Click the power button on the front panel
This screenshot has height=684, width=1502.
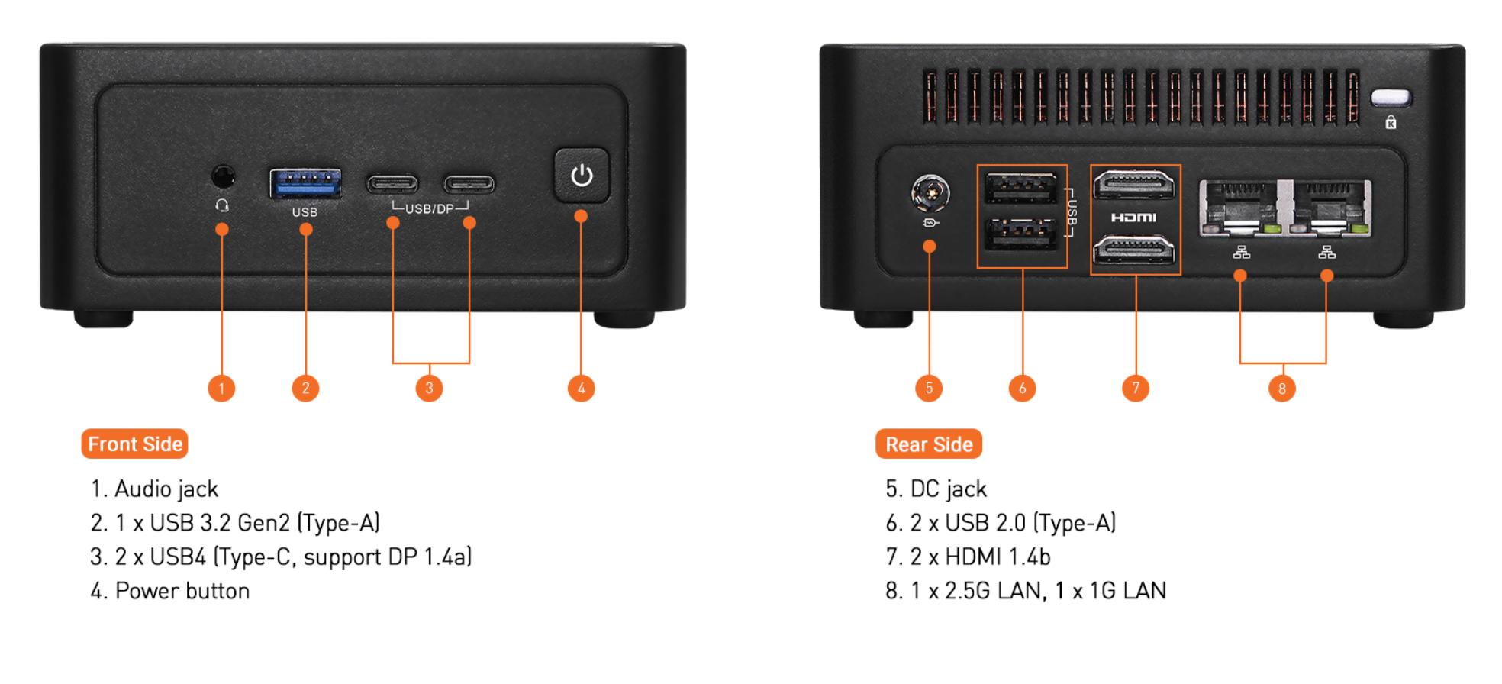coord(582,176)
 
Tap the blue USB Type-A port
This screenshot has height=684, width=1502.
coord(305,183)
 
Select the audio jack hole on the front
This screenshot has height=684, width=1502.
coord(223,177)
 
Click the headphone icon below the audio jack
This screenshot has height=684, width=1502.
coord(222,205)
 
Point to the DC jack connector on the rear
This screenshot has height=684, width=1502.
coord(930,192)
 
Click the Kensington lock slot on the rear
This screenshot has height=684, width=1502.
coord(1391,98)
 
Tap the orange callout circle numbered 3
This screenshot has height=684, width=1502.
coord(429,388)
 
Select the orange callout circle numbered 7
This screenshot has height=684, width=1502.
coord(1136,388)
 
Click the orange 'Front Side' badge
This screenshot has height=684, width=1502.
coord(135,444)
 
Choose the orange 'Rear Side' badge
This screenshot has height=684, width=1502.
coord(929,444)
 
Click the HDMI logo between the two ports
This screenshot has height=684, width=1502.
coord(1133,218)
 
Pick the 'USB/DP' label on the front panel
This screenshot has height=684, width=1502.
coord(430,208)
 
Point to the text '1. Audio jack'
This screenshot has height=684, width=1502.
coord(155,489)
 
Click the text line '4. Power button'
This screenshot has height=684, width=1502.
coord(170,591)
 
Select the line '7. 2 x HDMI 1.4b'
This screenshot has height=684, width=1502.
coord(968,557)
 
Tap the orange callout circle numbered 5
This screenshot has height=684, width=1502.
coord(929,388)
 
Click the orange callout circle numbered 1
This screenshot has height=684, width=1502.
coord(221,388)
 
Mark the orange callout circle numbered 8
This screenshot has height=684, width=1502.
coord(1282,389)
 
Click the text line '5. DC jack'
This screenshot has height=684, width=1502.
coord(936,489)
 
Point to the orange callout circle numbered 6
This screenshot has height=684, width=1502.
coord(1023,388)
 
